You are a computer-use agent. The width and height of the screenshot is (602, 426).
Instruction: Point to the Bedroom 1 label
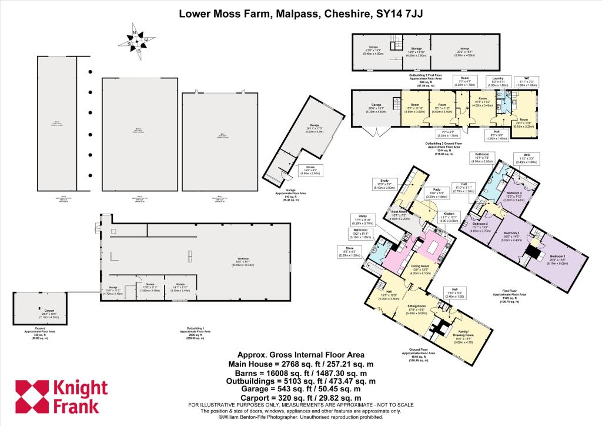click(x=558, y=256)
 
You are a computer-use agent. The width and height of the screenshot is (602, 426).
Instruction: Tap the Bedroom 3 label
click(x=480, y=224)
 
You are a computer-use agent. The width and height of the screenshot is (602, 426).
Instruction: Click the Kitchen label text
click(x=449, y=213)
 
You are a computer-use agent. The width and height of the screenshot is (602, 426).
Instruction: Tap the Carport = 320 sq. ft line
click(x=300, y=398)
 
